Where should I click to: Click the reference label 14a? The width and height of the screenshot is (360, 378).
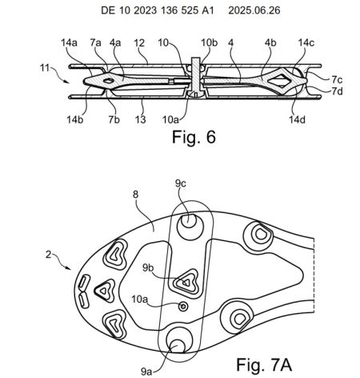click(69, 43)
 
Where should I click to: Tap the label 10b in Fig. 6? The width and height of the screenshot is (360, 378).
click(209, 43)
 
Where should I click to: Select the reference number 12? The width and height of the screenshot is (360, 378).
click(139, 43)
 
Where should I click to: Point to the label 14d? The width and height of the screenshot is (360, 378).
click(297, 119)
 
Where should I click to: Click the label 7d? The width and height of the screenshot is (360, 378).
click(337, 91)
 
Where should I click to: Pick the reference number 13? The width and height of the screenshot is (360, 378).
click(140, 119)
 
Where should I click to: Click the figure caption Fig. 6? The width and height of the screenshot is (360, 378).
click(194, 137)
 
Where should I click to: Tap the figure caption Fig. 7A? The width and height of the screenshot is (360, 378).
click(264, 364)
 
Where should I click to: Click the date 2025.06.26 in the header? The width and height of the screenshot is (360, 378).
click(254, 10)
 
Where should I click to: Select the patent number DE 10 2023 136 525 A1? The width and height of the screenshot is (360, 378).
click(158, 10)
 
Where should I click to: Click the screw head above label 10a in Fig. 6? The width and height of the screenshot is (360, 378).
click(195, 94)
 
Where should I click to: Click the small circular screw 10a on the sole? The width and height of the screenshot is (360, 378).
click(183, 306)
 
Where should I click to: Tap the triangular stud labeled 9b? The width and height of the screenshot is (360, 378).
click(186, 282)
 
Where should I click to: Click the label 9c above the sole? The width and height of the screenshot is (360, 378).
click(181, 183)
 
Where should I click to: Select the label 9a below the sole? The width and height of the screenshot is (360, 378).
click(146, 372)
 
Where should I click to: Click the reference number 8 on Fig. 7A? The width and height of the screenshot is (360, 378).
click(136, 195)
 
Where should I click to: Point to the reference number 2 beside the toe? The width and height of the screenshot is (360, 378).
click(48, 255)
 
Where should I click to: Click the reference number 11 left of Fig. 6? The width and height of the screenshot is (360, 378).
click(45, 68)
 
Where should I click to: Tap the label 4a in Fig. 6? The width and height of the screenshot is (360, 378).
click(115, 43)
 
